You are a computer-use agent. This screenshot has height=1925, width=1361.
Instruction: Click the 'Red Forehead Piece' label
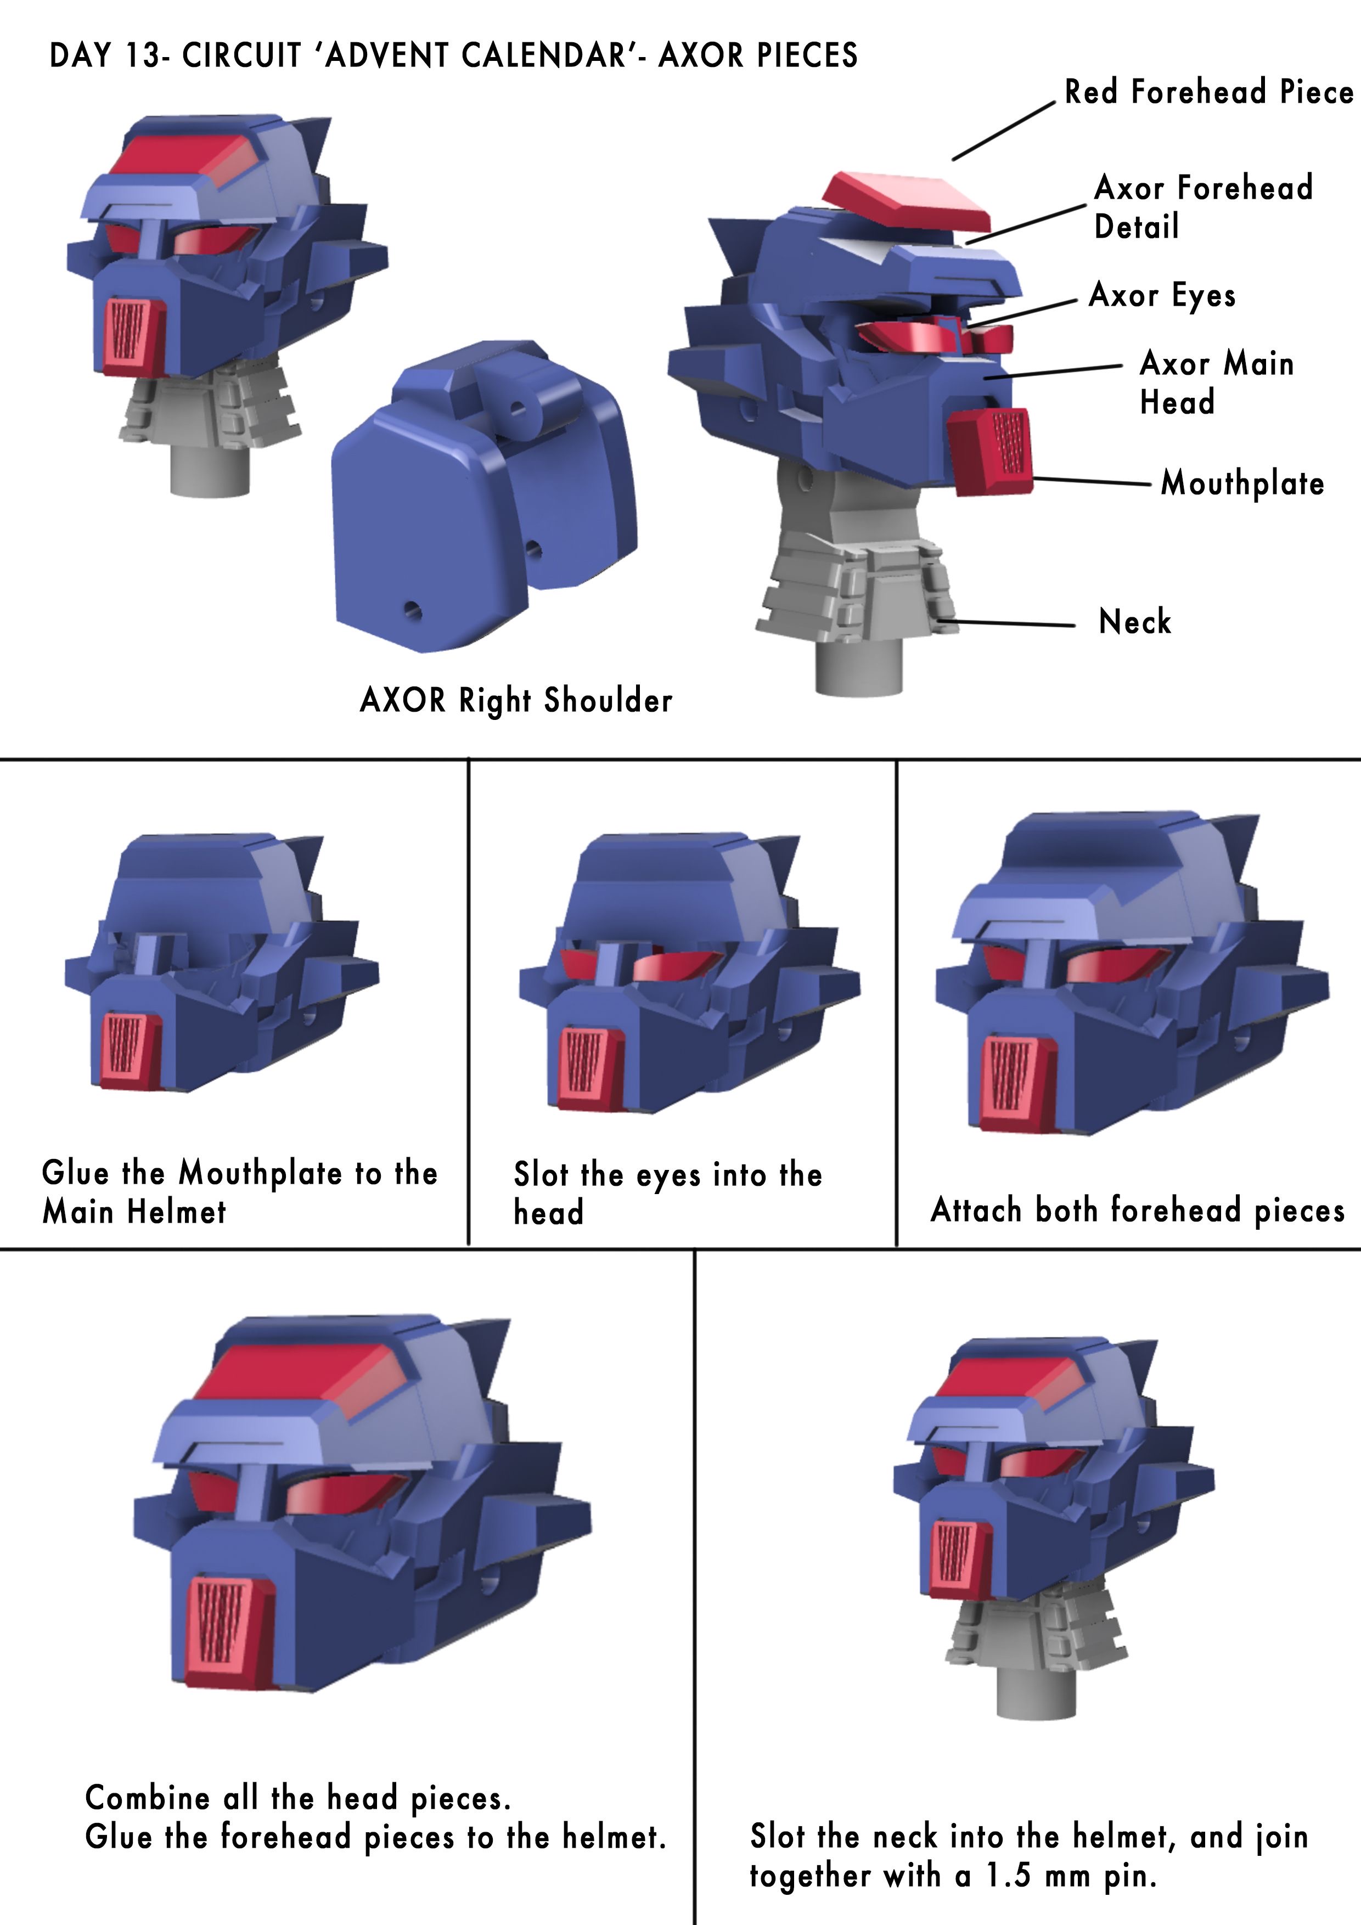click(x=1208, y=92)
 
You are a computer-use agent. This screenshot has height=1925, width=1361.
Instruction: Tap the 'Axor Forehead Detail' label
click(x=1203, y=207)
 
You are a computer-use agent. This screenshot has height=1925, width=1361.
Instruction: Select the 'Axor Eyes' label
click(x=1162, y=296)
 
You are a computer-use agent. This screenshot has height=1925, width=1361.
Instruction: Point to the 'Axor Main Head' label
click(x=1217, y=382)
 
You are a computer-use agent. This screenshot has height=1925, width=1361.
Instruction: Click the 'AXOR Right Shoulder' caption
click(x=516, y=700)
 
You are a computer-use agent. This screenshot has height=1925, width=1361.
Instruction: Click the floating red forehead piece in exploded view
click(x=905, y=201)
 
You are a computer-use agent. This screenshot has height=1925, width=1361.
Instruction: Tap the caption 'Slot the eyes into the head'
click(x=667, y=1193)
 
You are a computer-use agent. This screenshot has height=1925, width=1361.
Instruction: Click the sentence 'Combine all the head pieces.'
click(x=297, y=1798)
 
